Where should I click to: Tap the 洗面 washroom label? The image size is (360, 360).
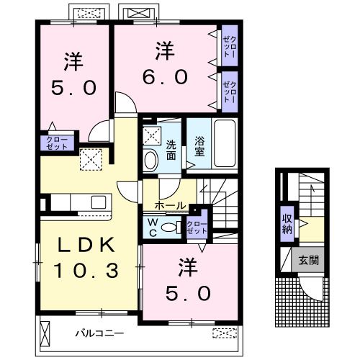(x=171, y=148)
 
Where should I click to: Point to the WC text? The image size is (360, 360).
(x=153, y=228)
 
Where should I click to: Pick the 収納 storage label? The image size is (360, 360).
(x=287, y=225)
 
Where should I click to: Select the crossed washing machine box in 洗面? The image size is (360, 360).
(x=152, y=135)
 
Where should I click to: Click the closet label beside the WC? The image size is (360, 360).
(x=194, y=228)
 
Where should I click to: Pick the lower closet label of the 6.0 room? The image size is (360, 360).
(x=230, y=90)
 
